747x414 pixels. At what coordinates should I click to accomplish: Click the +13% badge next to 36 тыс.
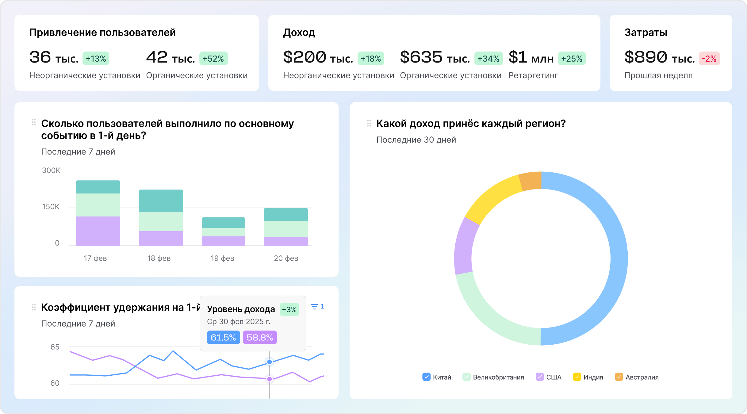(x=96, y=59)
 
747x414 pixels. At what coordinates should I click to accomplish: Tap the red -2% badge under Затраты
(x=709, y=59)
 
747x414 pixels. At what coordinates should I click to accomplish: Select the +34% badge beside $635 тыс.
(x=488, y=59)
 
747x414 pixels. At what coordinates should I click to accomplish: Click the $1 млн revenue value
(x=531, y=57)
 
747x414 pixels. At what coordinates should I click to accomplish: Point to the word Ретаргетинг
(x=533, y=75)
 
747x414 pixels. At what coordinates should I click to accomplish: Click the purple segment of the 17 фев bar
(x=98, y=231)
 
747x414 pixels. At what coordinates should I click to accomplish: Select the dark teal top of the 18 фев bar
(x=161, y=201)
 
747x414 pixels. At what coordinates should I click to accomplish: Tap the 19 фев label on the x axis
(x=222, y=258)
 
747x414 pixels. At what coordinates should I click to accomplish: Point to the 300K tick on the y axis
(x=51, y=171)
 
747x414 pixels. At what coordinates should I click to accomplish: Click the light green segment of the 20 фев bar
(x=285, y=229)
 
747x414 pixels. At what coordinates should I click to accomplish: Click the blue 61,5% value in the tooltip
(x=223, y=337)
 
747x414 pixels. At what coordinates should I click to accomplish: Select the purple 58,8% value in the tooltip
(x=259, y=337)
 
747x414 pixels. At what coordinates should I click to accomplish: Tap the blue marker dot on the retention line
(x=269, y=362)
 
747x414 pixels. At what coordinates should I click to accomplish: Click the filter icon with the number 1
(x=317, y=306)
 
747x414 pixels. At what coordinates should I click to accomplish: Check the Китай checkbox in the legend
(x=426, y=377)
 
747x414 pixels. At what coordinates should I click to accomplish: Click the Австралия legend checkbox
(x=619, y=377)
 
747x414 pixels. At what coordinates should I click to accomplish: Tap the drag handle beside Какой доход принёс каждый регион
(x=369, y=123)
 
